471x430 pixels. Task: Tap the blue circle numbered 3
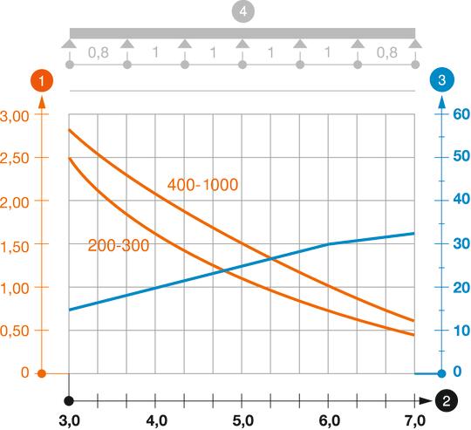click(x=442, y=79)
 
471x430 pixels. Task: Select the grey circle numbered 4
click(x=242, y=15)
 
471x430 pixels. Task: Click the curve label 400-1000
click(x=202, y=185)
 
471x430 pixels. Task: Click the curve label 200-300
click(x=119, y=246)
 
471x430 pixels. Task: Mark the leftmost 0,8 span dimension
click(x=99, y=52)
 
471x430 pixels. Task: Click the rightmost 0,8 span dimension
click(x=386, y=52)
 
